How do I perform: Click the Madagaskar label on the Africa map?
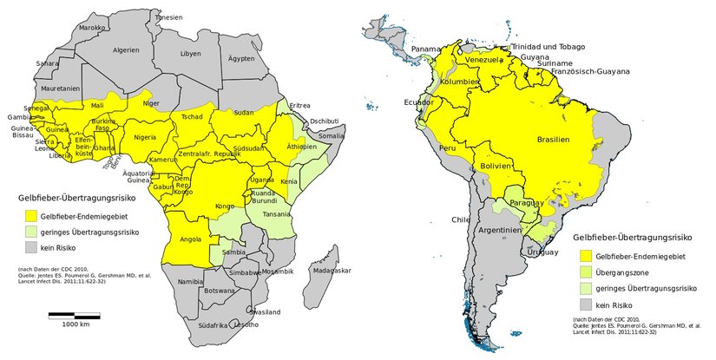[x=331, y=271]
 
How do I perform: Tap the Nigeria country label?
[x=144, y=137]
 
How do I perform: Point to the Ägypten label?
[x=240, y=58]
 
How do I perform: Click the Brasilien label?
[x=553, y=140]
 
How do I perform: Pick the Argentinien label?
[x=498, y=230]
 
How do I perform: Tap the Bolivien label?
[x=497, y=165]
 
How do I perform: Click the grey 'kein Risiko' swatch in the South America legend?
[x=584, y=305]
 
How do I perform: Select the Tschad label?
[x=192, y=116]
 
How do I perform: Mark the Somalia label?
[x=331, y=135]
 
